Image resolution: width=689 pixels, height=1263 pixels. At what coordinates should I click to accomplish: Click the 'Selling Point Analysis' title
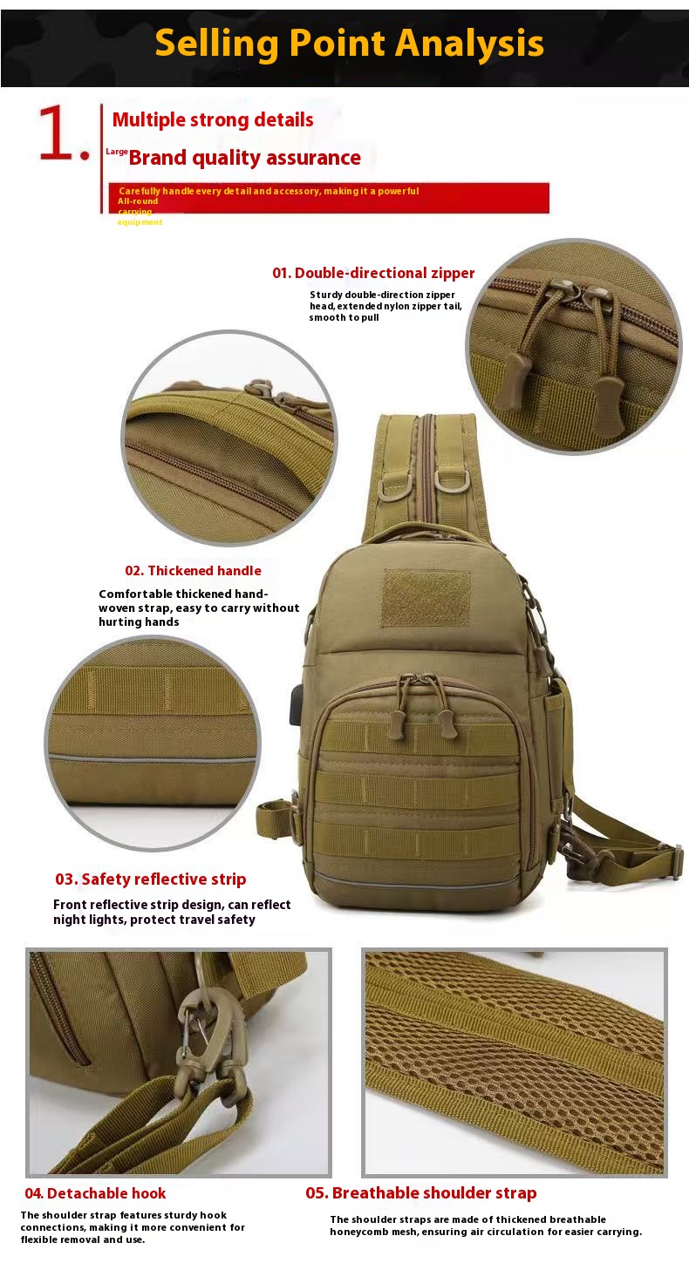(x=349, y=44)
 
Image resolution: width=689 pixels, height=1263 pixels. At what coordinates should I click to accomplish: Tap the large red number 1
(x=55, y=132)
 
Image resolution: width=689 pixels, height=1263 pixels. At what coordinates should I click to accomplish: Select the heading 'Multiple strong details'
(x=213, y=120)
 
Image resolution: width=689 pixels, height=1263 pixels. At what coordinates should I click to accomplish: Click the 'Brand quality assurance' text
(x=245, y=158)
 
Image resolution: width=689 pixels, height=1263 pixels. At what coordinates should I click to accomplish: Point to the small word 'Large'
(x=117, y=152)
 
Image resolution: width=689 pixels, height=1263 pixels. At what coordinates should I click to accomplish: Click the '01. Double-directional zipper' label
(x=373, y=273)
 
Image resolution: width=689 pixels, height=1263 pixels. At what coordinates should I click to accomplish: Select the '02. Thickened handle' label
(x=193, y=571)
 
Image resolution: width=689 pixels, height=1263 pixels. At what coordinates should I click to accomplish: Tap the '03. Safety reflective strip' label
(x=151, y=879)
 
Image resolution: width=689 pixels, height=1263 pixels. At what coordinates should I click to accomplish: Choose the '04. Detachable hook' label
(x=95, y=1193)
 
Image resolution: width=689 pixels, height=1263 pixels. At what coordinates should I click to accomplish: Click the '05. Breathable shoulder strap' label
(x=421, y=1192)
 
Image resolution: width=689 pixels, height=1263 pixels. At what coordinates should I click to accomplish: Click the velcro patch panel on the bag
(x=426, y=598)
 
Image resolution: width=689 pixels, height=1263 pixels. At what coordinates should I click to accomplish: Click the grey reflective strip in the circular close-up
(x=153, y=758)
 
